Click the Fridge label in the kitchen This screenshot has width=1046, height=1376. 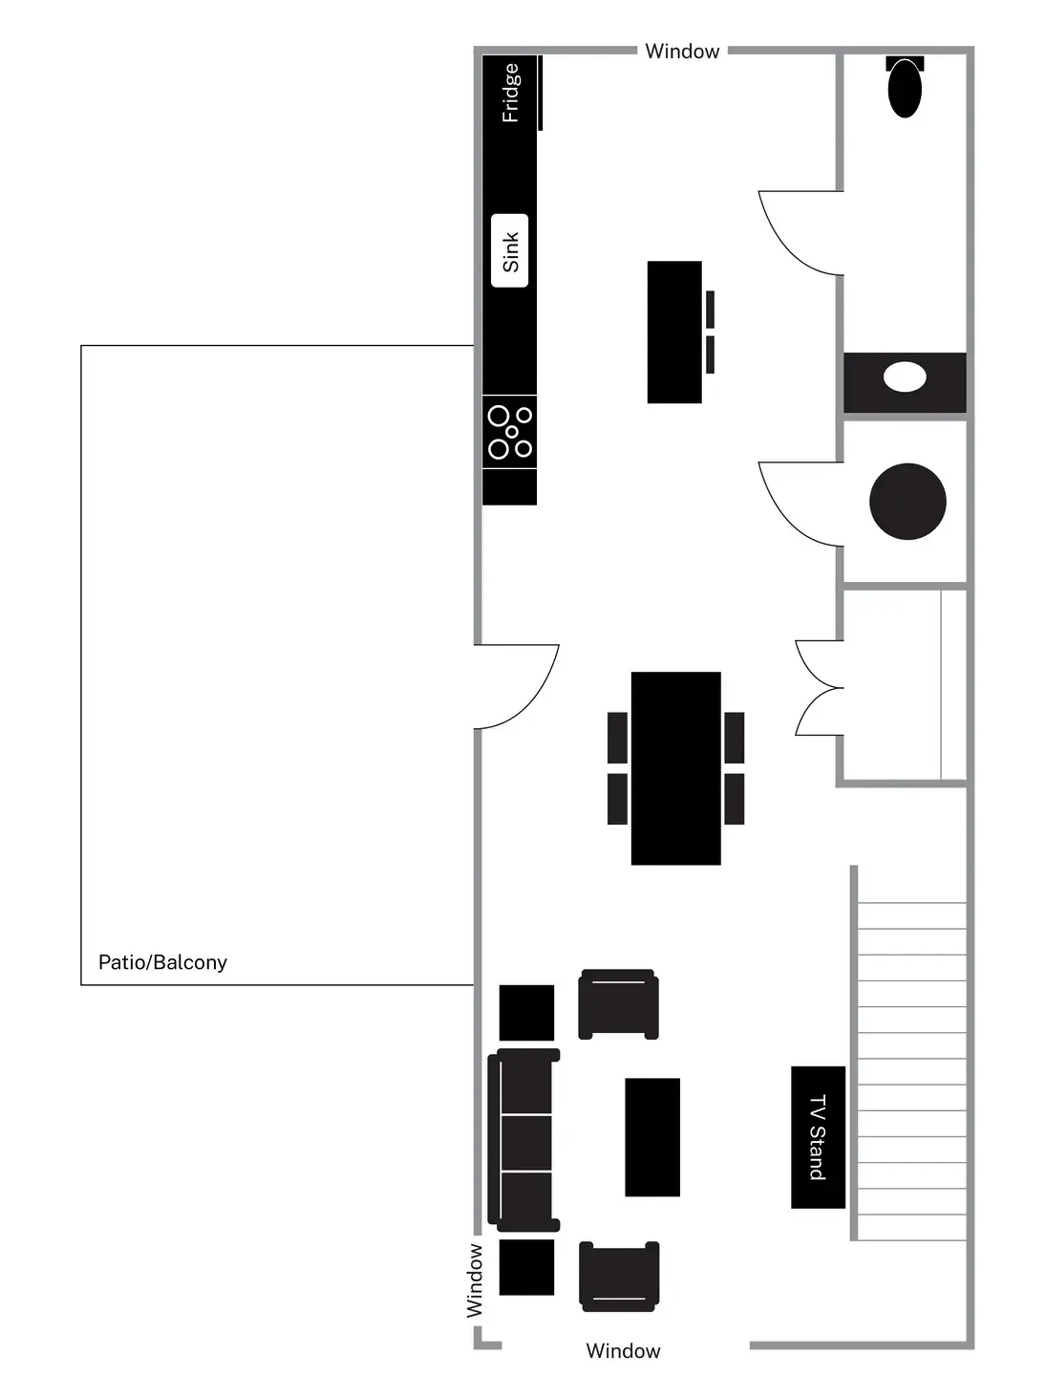point(511,93)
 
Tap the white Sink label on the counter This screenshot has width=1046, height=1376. point(510,251)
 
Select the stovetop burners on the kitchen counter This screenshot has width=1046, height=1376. point(510,432)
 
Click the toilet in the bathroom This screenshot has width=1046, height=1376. point(905,88)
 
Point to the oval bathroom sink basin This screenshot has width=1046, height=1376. point(905,377)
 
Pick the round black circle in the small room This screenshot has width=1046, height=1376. point(907,502)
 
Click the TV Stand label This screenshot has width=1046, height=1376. point(818,1137)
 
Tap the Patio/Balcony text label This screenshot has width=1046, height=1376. point(162,962)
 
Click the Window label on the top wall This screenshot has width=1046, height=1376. point(682,52)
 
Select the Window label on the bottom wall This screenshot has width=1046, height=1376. point(623,1350)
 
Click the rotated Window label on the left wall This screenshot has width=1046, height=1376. point(475,1280)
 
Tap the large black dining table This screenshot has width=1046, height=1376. point(675,768)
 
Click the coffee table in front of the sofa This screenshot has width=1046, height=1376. point(652,1137)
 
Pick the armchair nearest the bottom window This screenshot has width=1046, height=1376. point(619,1276)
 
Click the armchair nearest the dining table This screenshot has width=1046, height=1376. point(619,1004)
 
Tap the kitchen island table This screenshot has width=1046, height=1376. point(674,332)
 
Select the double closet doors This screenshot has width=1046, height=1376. point(819,688)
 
